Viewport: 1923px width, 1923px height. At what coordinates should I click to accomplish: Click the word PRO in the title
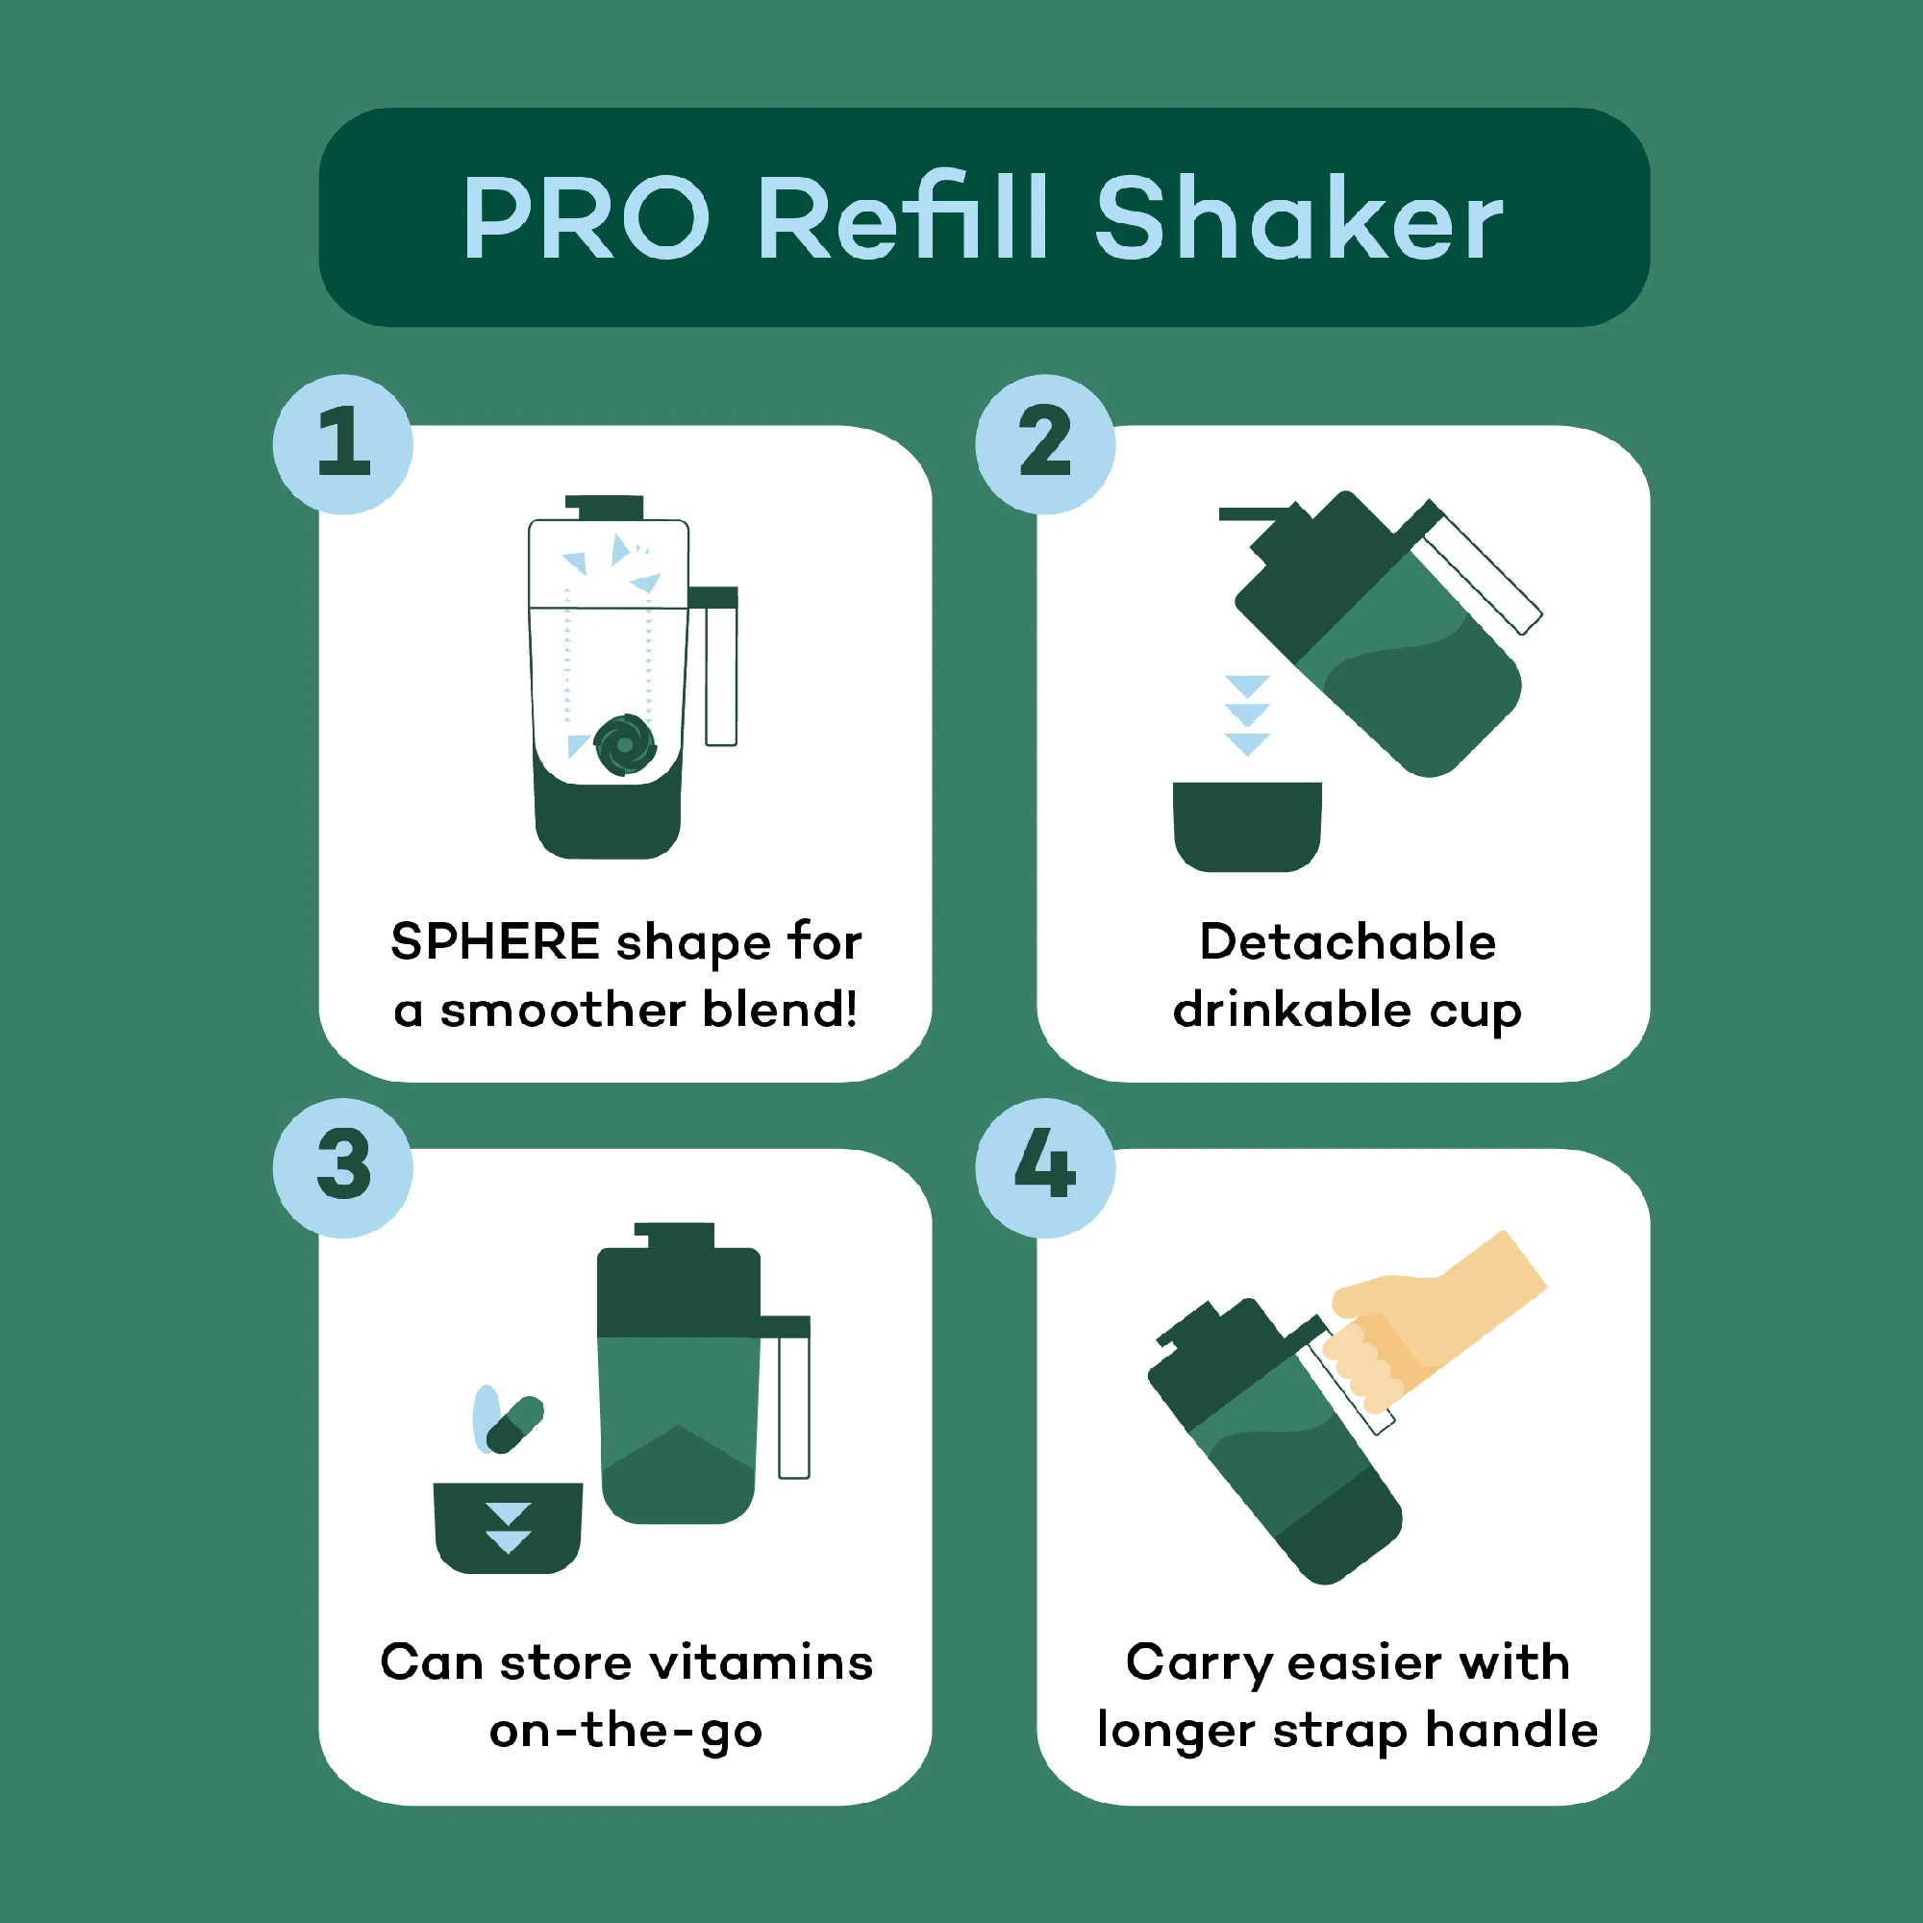click(586, 218)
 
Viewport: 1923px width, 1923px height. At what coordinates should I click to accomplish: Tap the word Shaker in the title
click(1299, 218)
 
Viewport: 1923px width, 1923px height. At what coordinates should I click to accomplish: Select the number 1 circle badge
click(343, 444)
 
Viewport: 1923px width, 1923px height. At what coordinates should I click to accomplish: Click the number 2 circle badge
click(1045, 444)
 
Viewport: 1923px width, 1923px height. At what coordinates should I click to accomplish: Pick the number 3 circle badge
click(343, 1167)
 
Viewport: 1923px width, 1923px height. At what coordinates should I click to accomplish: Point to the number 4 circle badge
click(1045, 1167)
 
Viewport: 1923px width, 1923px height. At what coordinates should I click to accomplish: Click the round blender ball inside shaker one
click(625, 744)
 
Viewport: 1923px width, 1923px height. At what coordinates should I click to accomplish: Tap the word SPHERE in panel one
click(494, 941)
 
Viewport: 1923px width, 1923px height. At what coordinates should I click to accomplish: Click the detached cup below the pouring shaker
click(1247, 825)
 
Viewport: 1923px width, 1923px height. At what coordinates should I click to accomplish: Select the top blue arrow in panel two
click(1247, 686)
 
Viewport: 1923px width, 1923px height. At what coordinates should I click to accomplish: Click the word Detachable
click(1348, 941)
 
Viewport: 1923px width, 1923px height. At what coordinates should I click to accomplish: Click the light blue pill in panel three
click(486, 1417)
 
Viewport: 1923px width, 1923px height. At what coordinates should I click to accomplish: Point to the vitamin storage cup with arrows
click(508, 1528)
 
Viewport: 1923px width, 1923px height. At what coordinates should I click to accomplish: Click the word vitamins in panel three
click(762, 1663)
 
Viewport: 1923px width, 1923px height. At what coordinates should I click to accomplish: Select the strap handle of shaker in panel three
click(793, 1404)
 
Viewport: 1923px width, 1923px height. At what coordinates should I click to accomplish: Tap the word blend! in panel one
click(780, 1011)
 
